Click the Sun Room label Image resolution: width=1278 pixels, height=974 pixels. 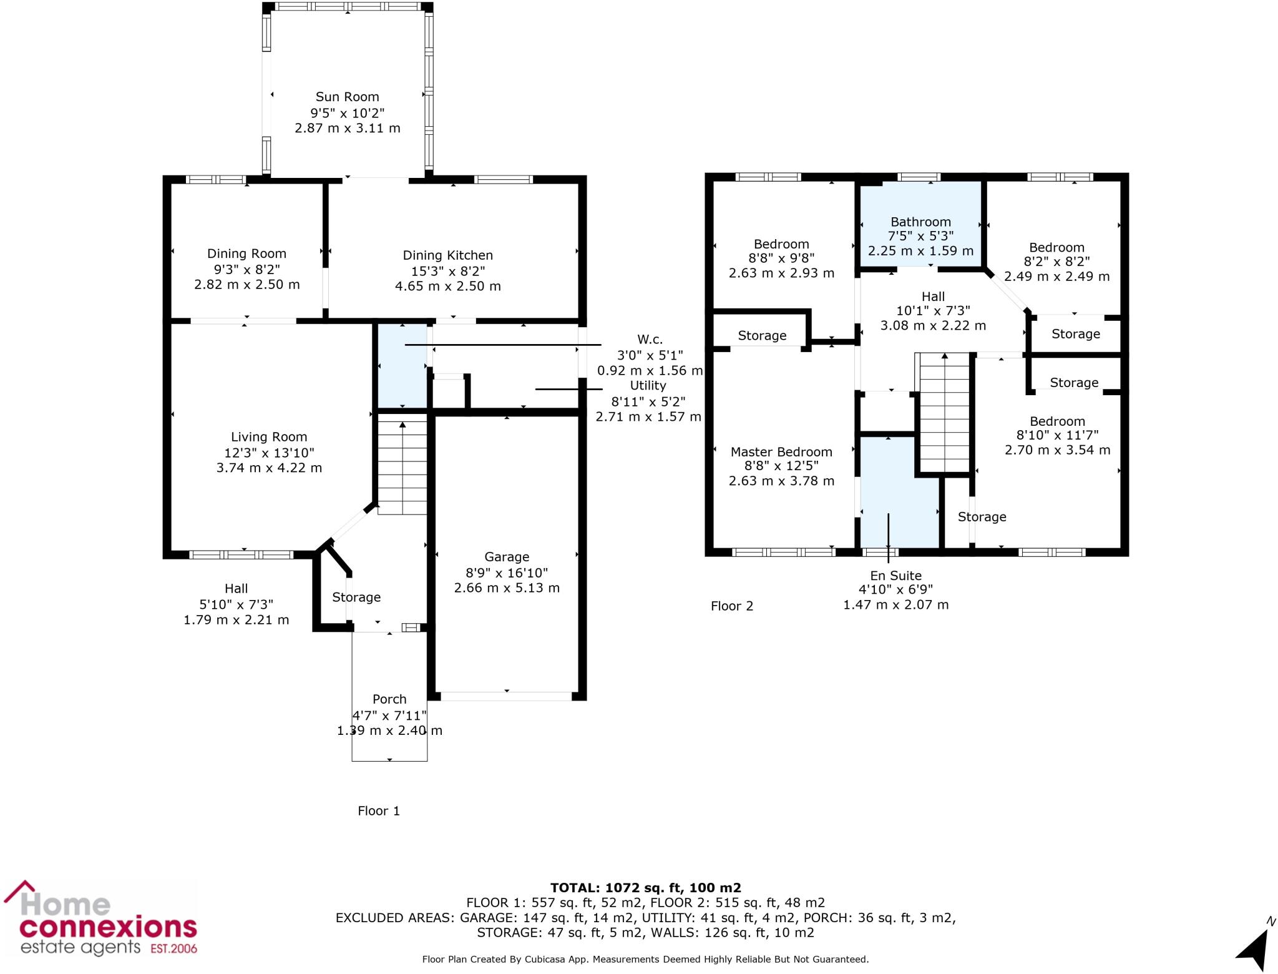point(347,97)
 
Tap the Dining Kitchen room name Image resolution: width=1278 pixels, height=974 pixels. point(447,255)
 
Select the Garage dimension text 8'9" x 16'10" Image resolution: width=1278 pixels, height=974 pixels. point(507,573)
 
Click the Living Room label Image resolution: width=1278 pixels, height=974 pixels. point(269,437)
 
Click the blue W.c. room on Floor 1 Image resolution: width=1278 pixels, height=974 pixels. point(402,365)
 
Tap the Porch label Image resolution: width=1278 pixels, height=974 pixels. point(389,699)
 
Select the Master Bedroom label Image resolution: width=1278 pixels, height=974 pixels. point(781,452)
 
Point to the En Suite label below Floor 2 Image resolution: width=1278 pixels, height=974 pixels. point(895,576)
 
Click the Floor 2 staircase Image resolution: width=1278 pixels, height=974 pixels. point(945,412)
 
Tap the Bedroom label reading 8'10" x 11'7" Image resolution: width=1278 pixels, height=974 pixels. point(1057,421)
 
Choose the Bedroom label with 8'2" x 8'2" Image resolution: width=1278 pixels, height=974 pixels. point(1056,247)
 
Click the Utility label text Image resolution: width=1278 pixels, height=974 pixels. point(648,385)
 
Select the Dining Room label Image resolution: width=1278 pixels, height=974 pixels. point(246,253)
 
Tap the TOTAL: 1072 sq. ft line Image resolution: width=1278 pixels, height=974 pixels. point(645,888)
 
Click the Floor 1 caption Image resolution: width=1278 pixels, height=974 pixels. point(378,811)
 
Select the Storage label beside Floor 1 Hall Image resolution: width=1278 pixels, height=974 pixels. point(356,598)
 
